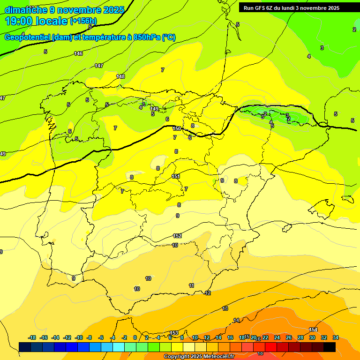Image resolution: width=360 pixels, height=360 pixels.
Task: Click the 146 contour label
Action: [x=78, y=54]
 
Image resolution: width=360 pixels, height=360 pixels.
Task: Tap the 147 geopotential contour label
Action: [x=99, y=66]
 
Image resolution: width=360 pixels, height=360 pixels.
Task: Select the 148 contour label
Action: [x=120, y=76]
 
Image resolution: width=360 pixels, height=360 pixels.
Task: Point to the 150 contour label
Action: [x=177, y=128]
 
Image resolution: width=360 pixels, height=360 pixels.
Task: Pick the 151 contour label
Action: [x=176, y=176]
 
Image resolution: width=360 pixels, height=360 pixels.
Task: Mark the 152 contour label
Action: [x=177, y=236]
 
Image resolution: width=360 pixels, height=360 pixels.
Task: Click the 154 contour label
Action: [x=313, y=330]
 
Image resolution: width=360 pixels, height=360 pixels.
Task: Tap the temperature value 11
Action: [x=191, y=285]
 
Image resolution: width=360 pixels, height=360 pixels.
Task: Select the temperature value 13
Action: [x=225, y=308]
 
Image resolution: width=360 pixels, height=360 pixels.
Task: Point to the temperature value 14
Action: [x=236, y=320]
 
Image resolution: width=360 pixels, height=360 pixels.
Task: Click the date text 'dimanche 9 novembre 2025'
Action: [x=64, y=10]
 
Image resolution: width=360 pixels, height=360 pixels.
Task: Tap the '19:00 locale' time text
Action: [x=36, y=21]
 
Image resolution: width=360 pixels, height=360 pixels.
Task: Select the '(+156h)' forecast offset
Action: [x=83, y=21]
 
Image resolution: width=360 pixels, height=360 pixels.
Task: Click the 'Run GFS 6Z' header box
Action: [x=292, y=8]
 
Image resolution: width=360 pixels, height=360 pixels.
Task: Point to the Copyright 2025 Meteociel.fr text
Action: [x=198, y=357]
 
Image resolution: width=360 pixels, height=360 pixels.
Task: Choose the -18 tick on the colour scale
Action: [x=32, y=337]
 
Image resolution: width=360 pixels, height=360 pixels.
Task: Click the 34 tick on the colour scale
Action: [x=336, y=337]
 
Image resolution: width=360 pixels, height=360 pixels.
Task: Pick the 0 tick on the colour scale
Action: [x=135, y=337]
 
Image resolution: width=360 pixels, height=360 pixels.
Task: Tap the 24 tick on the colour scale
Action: [x=277, y=337]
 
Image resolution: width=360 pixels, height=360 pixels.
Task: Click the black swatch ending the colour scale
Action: [x=330, y=347]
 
